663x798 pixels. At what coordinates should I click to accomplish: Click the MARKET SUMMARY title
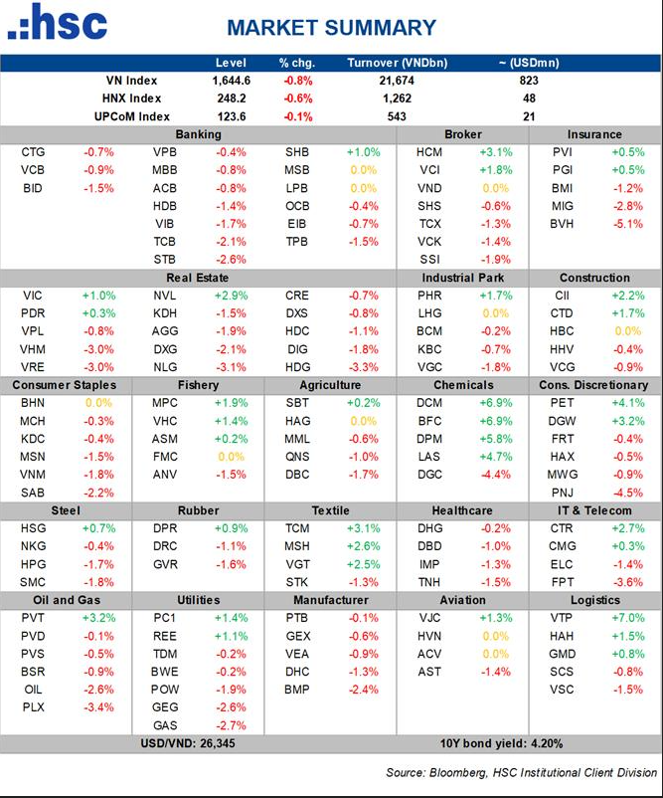331,28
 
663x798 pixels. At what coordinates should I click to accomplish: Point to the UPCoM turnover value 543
395,116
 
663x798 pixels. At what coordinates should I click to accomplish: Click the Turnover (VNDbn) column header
395,63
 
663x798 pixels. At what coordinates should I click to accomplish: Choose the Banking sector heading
199,134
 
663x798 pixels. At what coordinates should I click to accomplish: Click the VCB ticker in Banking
32,170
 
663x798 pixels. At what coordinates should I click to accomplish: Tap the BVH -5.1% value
626,224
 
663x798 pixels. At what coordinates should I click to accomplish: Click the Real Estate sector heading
199,278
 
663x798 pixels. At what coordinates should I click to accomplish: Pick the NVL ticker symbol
165,296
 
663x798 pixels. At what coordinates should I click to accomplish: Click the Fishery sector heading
199,385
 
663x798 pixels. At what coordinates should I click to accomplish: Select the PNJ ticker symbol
562,493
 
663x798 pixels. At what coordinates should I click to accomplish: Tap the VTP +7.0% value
626,618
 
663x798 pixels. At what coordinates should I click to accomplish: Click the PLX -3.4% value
99,707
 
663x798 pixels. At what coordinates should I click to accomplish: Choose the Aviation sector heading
463,600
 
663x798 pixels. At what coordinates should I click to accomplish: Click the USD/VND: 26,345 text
199,744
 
